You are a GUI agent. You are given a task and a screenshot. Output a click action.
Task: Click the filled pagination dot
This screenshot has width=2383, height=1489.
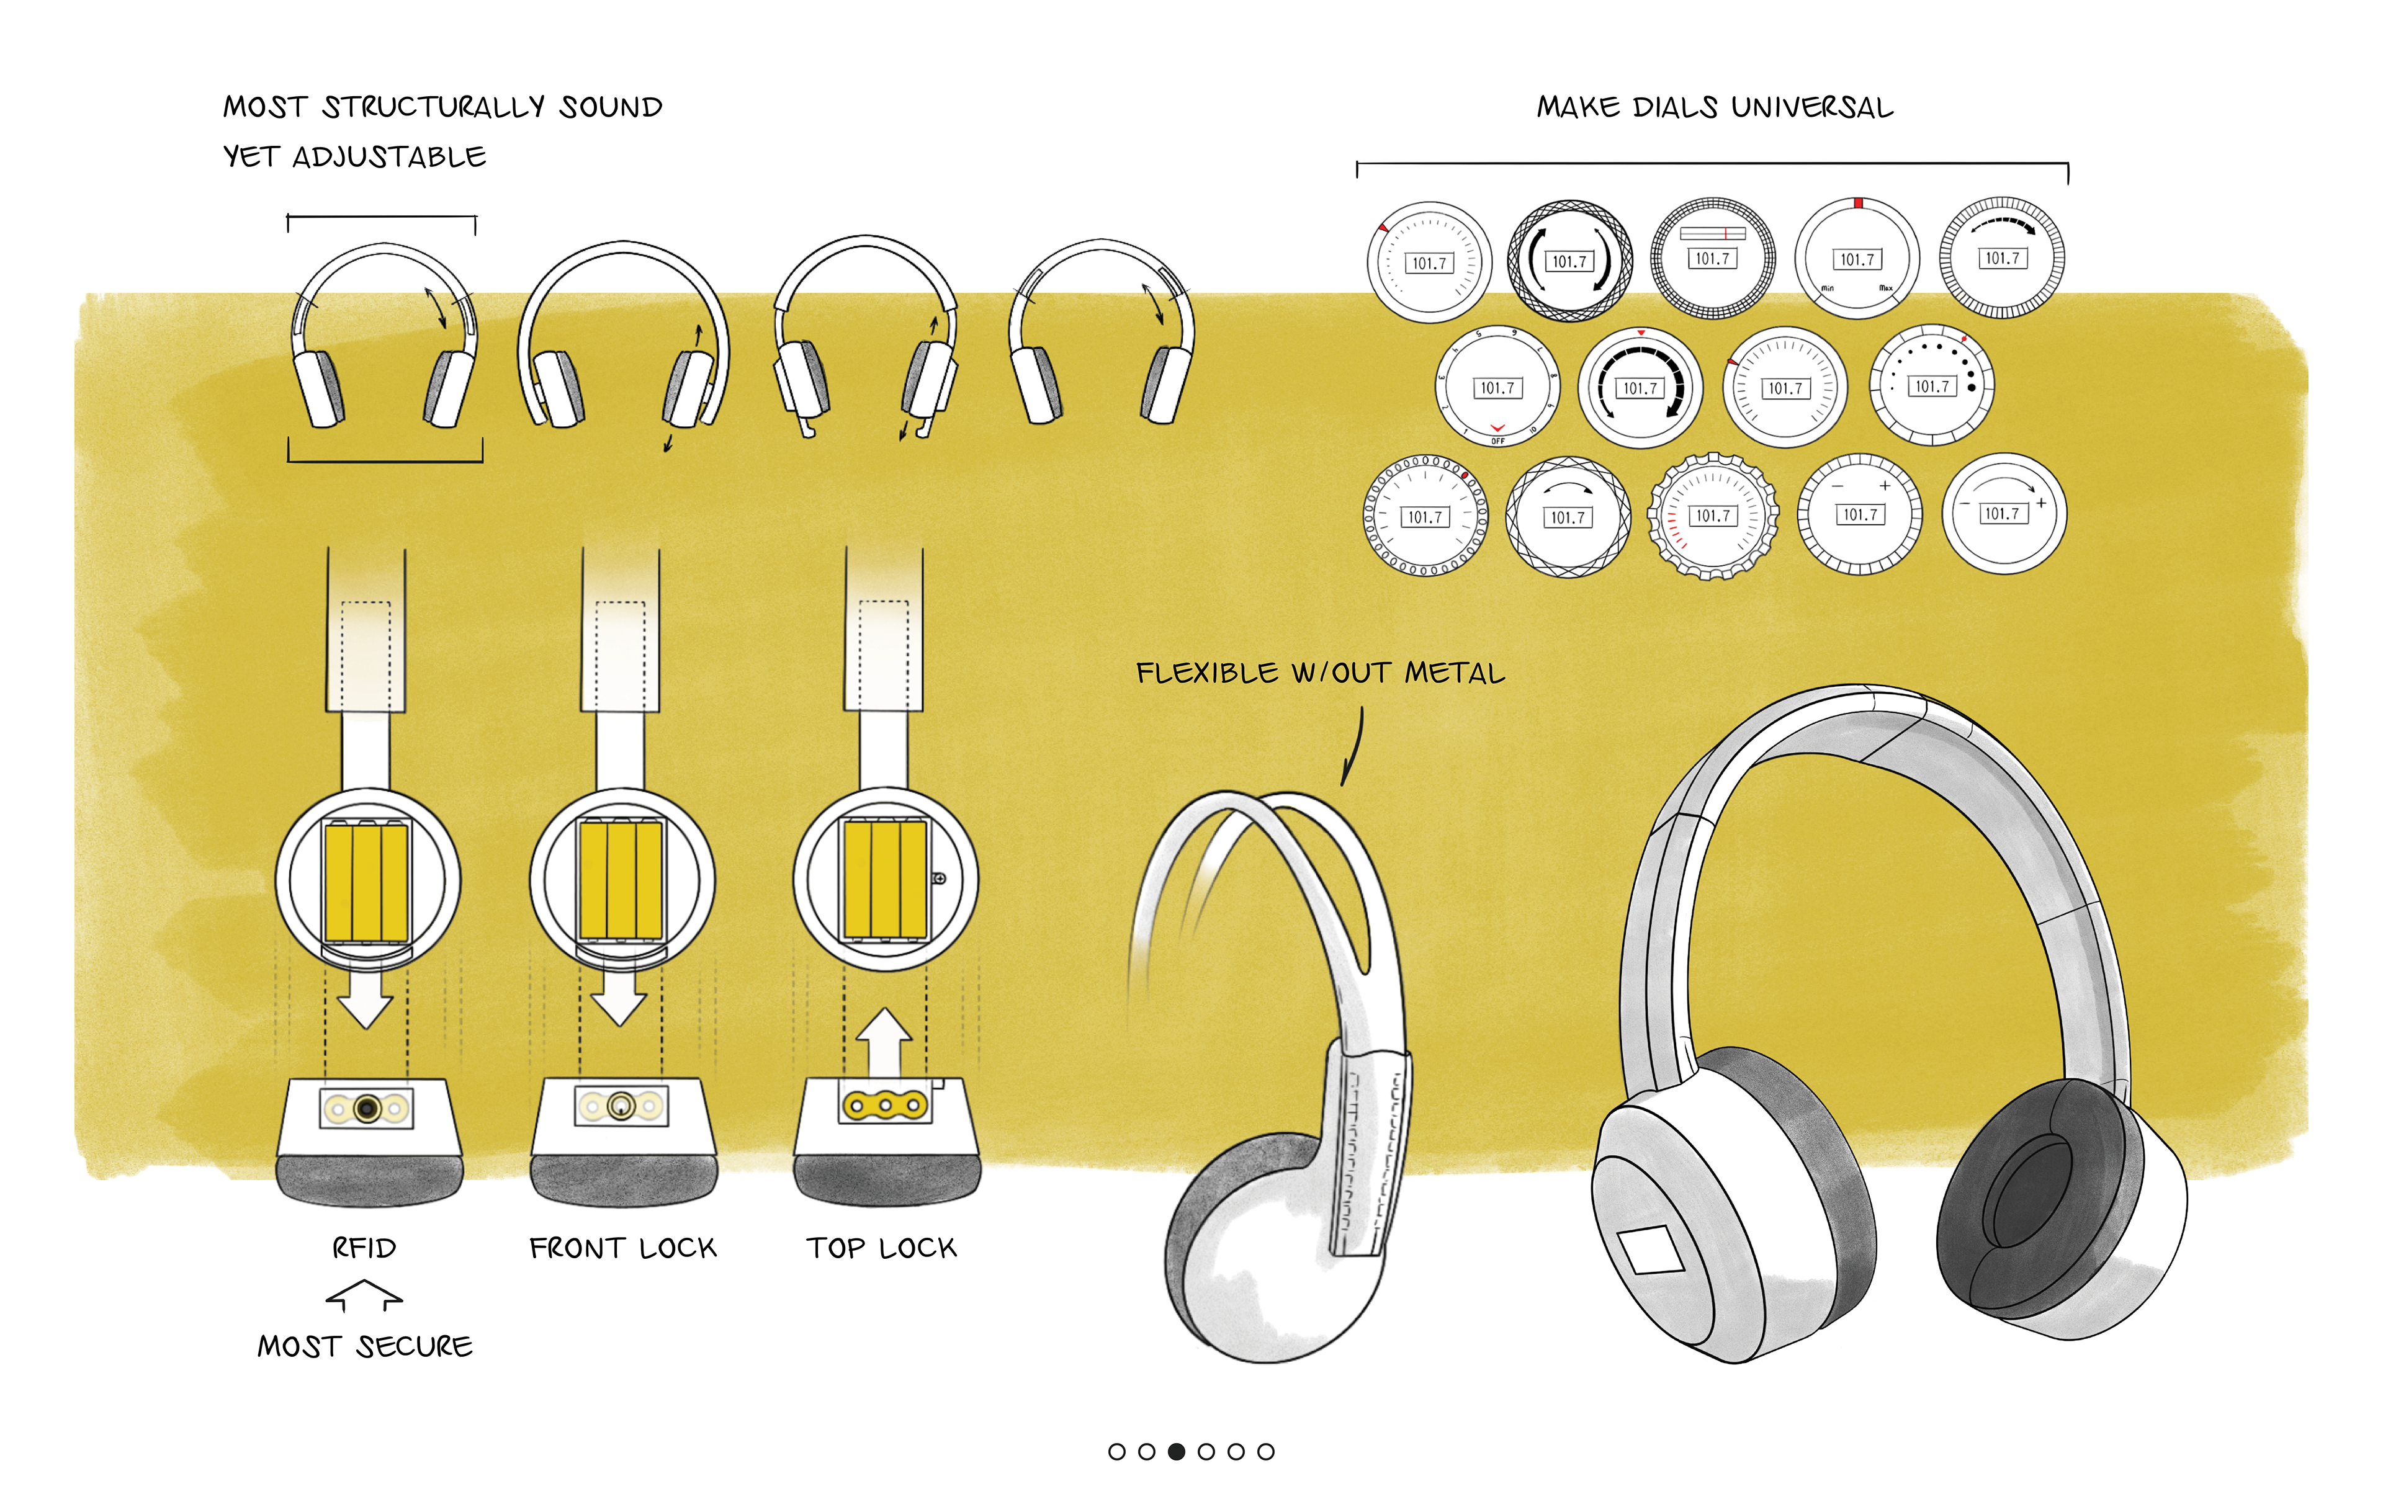pos(1177,1452)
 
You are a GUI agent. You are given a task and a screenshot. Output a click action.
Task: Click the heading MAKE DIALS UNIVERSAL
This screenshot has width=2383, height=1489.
pos(1715,107)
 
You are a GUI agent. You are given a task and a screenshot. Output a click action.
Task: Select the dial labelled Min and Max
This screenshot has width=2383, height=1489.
pos(1857,259)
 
